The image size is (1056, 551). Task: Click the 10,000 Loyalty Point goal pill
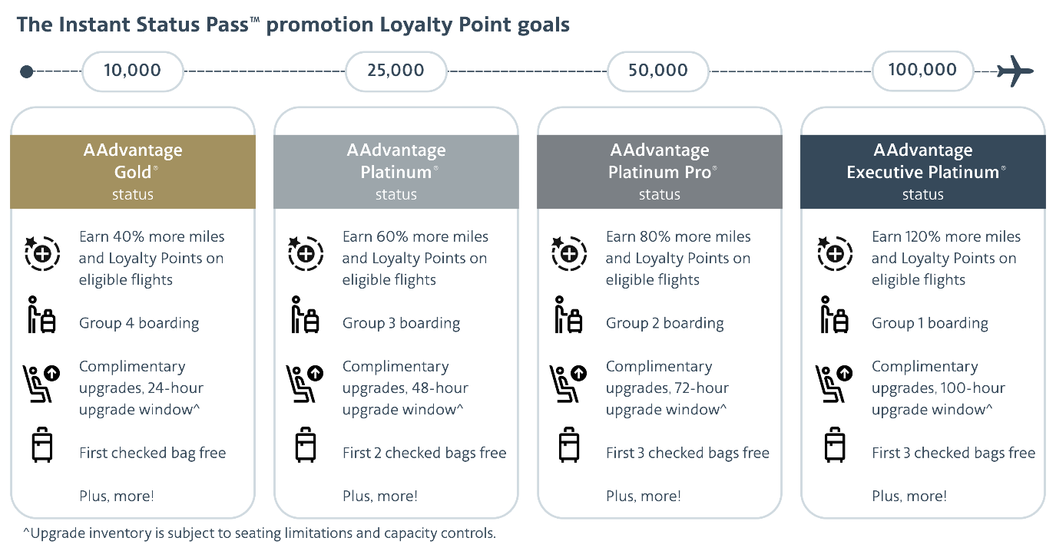132,71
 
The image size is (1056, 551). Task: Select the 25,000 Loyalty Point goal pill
396,71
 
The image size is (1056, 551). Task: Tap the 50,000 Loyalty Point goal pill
658,71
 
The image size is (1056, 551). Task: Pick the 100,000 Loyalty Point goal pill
922,71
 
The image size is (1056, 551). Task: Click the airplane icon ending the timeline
1015,71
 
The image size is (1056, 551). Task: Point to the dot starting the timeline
26,71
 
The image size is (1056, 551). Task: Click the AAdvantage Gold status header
133,172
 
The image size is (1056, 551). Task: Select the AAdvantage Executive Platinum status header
922,172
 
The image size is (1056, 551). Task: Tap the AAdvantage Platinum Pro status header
659,172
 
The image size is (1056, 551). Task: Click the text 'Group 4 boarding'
139,323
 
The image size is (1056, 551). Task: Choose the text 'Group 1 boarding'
929,323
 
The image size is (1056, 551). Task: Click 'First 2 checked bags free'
424,453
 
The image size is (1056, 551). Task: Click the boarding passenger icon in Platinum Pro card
568,315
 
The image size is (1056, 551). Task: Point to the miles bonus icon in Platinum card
305,252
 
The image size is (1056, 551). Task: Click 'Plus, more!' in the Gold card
117,496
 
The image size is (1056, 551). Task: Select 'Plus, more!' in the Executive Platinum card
909,496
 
